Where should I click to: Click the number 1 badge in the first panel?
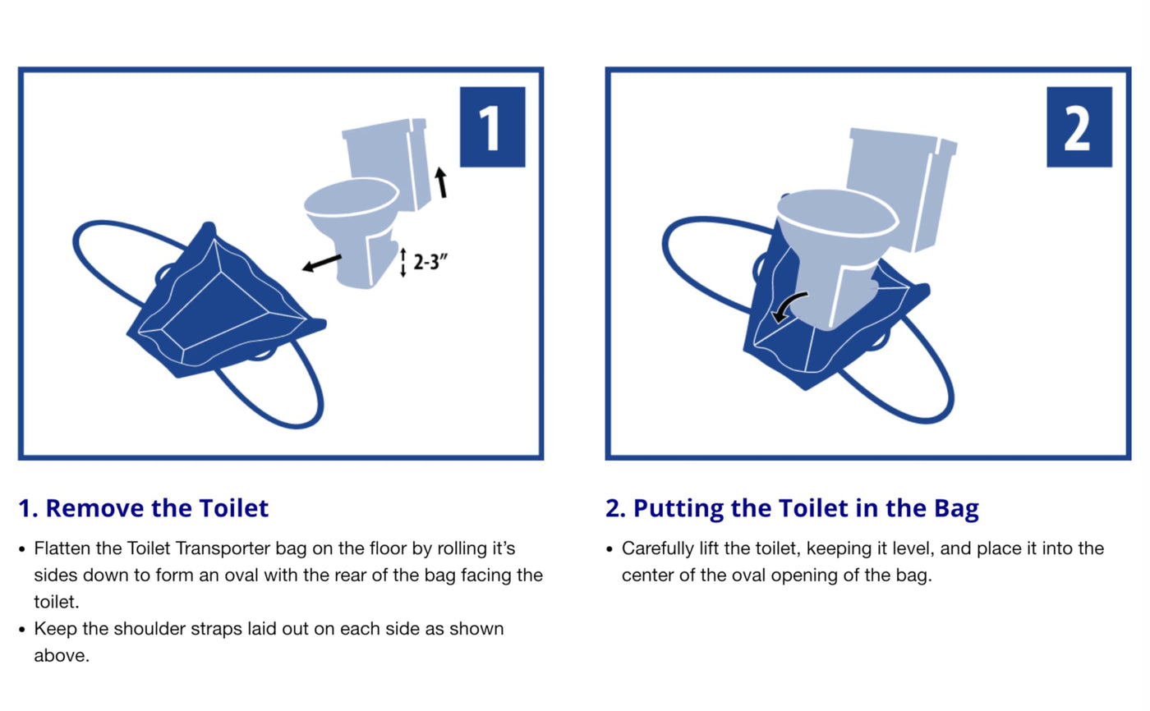(492, 126)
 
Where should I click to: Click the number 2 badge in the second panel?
(1079, 126)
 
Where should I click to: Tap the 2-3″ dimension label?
(430, 262)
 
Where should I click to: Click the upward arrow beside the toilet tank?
(441, 182)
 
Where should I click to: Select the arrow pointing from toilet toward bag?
(322, 264)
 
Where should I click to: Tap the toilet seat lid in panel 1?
(352, 198)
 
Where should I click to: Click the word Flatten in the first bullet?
(62, 548)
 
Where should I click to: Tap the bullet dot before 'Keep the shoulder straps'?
(21, 630)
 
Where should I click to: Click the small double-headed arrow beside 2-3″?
(403, 263)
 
